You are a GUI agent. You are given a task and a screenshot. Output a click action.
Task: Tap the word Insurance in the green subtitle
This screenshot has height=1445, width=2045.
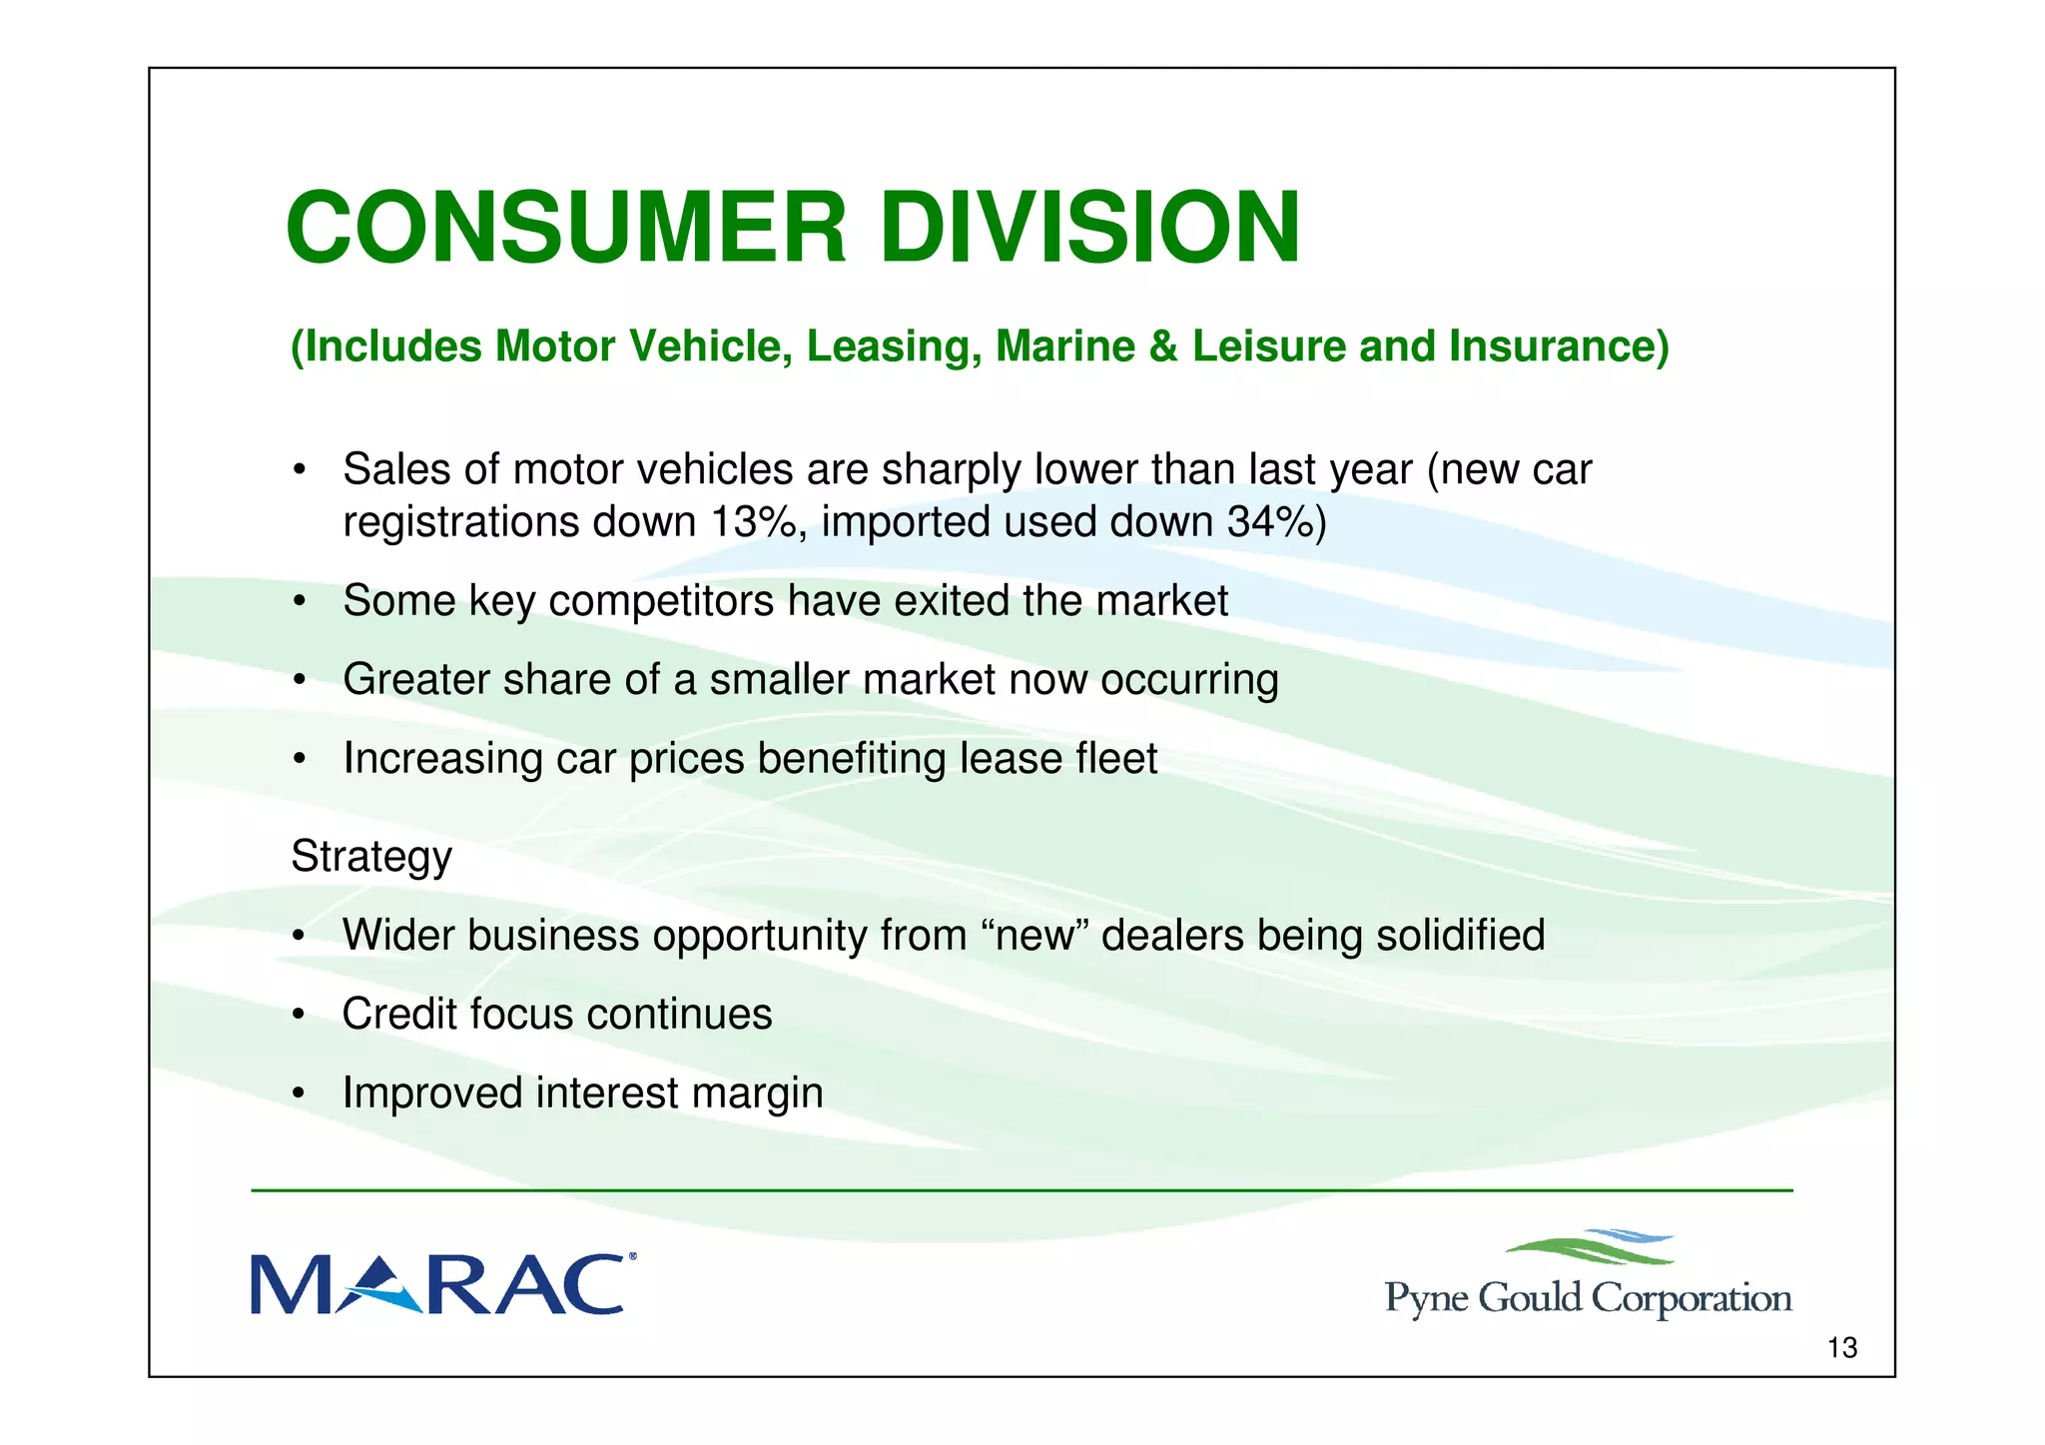coord(1559,347)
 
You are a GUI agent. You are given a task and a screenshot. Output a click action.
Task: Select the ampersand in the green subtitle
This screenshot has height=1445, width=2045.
coord(1163,347)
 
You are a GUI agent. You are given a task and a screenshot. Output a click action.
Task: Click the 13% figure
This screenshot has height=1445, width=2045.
coord(753,522)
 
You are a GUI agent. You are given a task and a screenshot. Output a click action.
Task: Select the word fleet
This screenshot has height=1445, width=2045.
coord(1116,759)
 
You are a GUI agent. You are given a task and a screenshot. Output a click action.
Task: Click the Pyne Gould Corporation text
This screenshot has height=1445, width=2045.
coord(1588,1299)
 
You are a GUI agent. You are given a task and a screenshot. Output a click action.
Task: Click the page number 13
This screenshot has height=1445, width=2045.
coord(1841,1349)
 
